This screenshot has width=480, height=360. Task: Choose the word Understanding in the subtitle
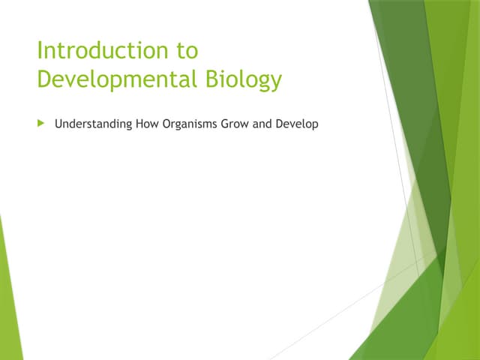pyautogui.click(x=94, y=123)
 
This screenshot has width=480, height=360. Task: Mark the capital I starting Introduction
pyautogui.click(x=40, y=51)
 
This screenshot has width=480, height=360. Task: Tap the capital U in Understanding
pyautogui.click(x=58, y=123)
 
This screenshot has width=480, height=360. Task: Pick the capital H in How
pyautogui.click(x=140, y=123)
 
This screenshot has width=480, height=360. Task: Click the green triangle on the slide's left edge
pyautogui.click(x=7, y=300)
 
